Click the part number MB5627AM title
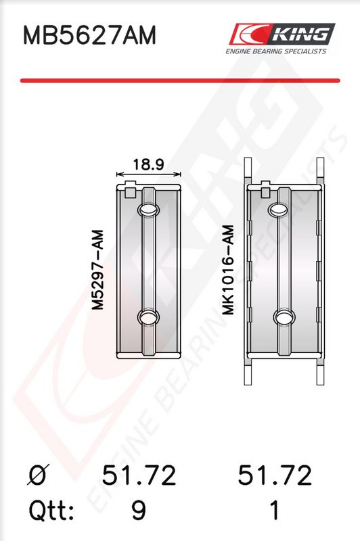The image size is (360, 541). point(89,35)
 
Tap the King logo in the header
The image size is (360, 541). point(282,34)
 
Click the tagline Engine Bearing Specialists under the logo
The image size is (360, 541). point(276,51)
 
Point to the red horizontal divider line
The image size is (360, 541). point(180,80)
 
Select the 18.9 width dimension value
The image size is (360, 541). point(148,164)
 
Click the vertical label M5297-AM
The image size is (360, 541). point(97,270)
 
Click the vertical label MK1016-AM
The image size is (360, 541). point(228,270)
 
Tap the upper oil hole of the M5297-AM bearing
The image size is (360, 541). point(148,210)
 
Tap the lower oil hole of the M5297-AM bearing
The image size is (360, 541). point(148,316)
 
